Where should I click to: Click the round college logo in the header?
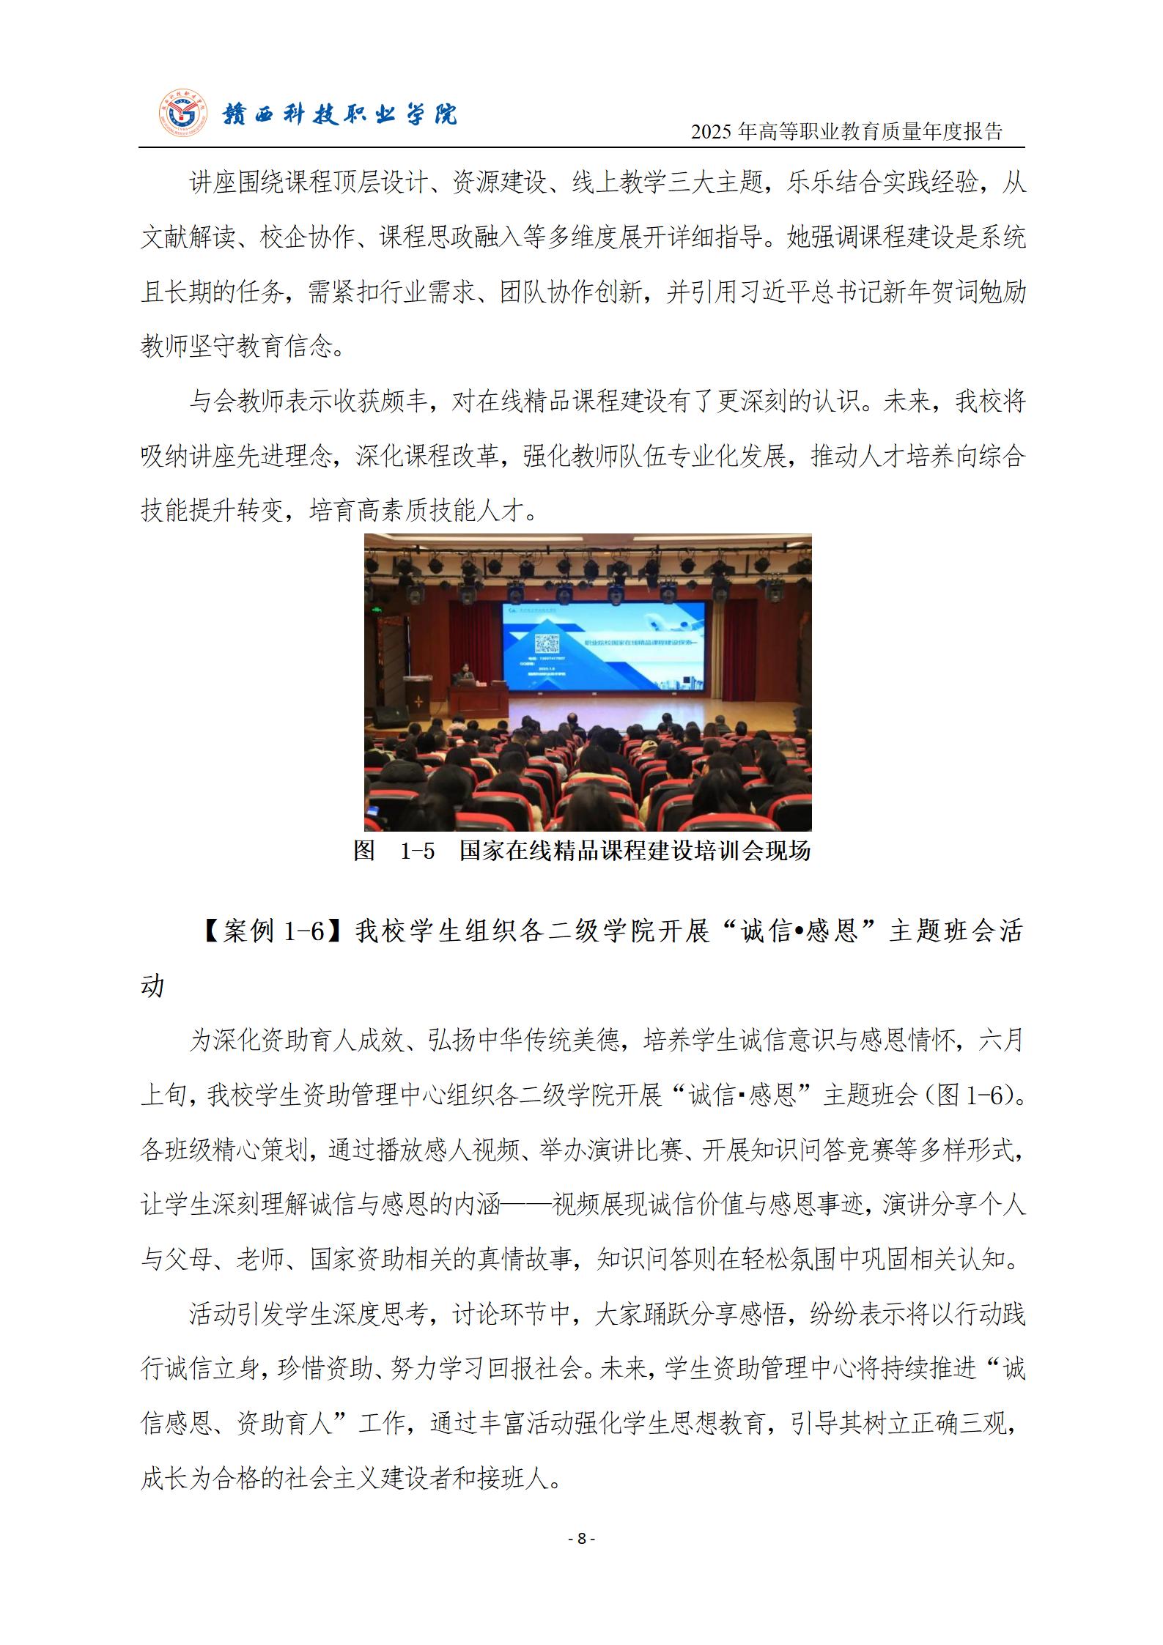point(183,114)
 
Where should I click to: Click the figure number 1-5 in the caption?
point(418,851)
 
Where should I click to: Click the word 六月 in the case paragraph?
point(1001,1040)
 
